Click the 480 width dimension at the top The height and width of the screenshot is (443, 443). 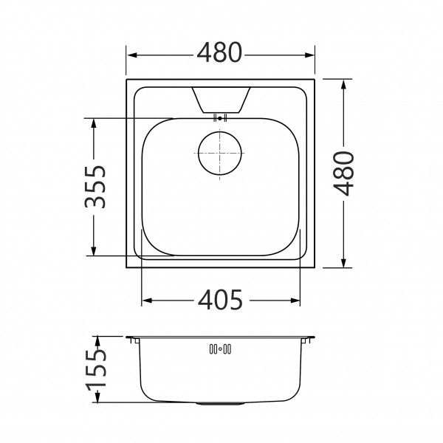pos(219,52)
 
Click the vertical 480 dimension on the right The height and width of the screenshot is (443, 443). pos(343,174)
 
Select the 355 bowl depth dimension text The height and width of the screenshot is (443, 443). pos(95,187)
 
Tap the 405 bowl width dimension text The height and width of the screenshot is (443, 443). pos(220,300)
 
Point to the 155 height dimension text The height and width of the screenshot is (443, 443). pos(96,370)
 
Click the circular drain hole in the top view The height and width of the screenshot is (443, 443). pos(220,153)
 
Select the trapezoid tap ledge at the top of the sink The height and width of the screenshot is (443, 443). pos(221,100)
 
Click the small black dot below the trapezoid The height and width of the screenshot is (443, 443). pos(220,118)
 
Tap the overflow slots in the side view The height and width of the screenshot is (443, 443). pos(220,349)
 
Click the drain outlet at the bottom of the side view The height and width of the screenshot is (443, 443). pos(220,403)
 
